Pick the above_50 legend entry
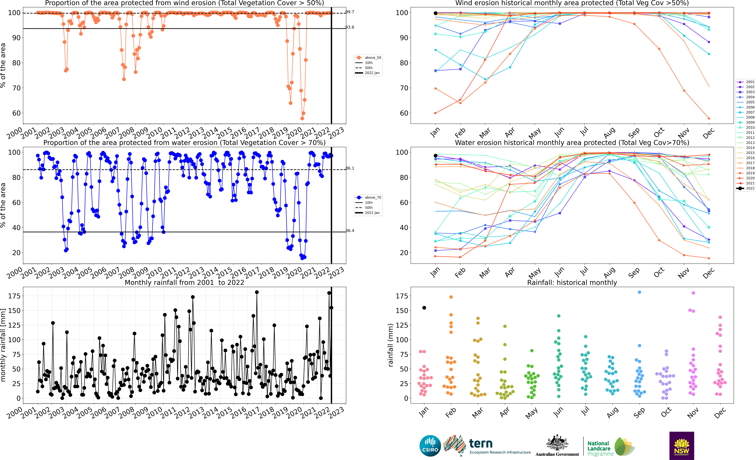[368, 58]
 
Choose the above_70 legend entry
[368, 197]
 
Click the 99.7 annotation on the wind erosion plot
[350, 12]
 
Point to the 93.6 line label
[350, 27]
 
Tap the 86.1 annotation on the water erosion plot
[350, 168]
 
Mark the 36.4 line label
[350, 231]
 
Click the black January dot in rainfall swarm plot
[424, 308]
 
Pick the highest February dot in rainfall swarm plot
[451, 297]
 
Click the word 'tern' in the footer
[481, 443]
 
